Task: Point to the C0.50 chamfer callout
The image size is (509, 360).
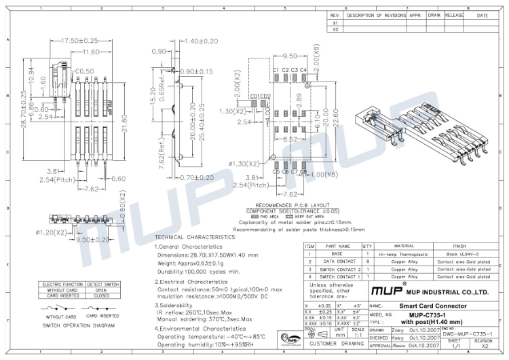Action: click(x=84, y=71)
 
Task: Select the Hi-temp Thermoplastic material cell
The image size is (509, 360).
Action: click(x=404, y=253)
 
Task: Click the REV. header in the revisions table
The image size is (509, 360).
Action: click(x=335, y=15)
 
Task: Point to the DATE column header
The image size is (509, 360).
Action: click(x=483, y=15)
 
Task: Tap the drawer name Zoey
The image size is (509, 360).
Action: click(x=398, y=330)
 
